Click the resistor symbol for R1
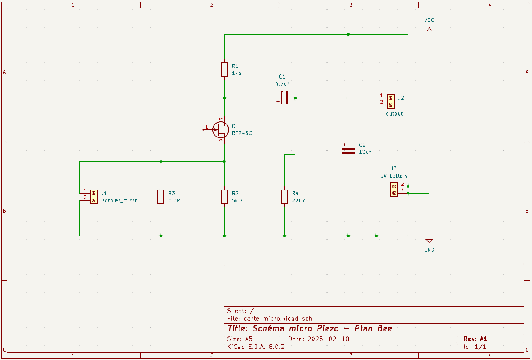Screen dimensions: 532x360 click(x=224, y=70)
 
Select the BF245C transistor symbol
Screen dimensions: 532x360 click(x=220, y=129)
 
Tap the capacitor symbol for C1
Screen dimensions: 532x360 click(x=285, y=98)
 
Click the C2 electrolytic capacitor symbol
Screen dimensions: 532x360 click(x=348, y=151)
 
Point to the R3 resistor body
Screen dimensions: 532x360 click(x=161, y=197)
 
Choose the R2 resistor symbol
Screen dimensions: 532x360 click(x=224, y=197)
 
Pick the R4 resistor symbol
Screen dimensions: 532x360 click(x=285, y=197)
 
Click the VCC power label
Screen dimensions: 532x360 click(x=429, y=21)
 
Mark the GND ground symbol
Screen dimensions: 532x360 click(x=429, y=241)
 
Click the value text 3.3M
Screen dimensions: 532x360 click(x=174, y=201)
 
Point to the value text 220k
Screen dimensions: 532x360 click(x=298, y=201)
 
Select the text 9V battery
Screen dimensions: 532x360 click(x=394, y=176)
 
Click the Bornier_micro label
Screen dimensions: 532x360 click(x=120, y=201)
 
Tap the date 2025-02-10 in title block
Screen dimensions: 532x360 click(x=328, y=339)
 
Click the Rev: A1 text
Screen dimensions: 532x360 click(x=475, y=339)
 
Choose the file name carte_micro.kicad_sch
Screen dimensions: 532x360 click(x=278, y=319)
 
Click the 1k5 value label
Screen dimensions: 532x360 click(x=236, y=73)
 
